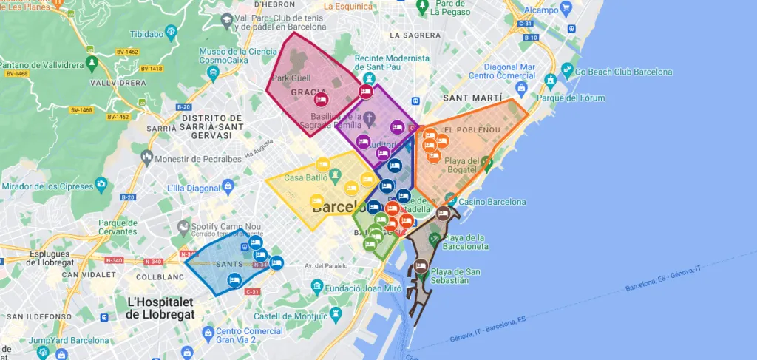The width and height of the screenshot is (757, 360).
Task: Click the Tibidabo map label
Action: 146,34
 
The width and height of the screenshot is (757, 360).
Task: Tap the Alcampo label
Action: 541,10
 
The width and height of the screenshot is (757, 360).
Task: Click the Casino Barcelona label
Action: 492,202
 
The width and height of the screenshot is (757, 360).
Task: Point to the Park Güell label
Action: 293,78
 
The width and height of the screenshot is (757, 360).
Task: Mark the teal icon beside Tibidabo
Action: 172,31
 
